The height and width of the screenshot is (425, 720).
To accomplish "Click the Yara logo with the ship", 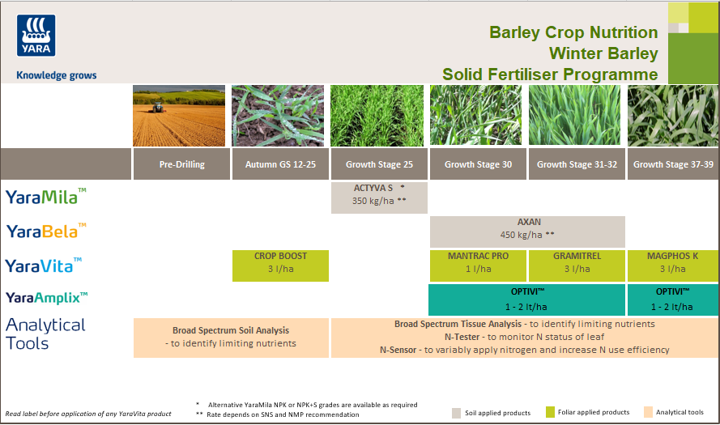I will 36,36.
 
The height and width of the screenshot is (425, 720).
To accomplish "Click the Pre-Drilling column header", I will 181,164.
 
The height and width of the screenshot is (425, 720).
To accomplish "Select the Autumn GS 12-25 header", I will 280,164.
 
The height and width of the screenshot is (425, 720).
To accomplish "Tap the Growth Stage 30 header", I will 478,164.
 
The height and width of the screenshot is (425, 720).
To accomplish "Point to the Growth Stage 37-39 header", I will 673,164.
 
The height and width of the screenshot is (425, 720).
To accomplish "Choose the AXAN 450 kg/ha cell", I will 527,231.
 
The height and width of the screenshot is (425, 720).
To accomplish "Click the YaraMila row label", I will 46,197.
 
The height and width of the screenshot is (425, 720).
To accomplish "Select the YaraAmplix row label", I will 46,297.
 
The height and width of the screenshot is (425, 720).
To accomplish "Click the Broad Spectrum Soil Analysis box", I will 231,337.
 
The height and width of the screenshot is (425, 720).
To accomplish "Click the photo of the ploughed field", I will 179,116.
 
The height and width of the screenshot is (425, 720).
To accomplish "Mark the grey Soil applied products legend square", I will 456,412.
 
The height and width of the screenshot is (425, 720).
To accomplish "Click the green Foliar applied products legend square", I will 551,412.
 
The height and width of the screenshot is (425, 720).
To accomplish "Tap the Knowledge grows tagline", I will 56,75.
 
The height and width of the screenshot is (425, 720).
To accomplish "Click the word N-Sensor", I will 398,351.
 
